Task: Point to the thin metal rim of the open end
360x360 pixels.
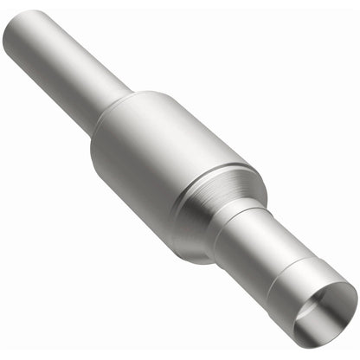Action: pos(342,289)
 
